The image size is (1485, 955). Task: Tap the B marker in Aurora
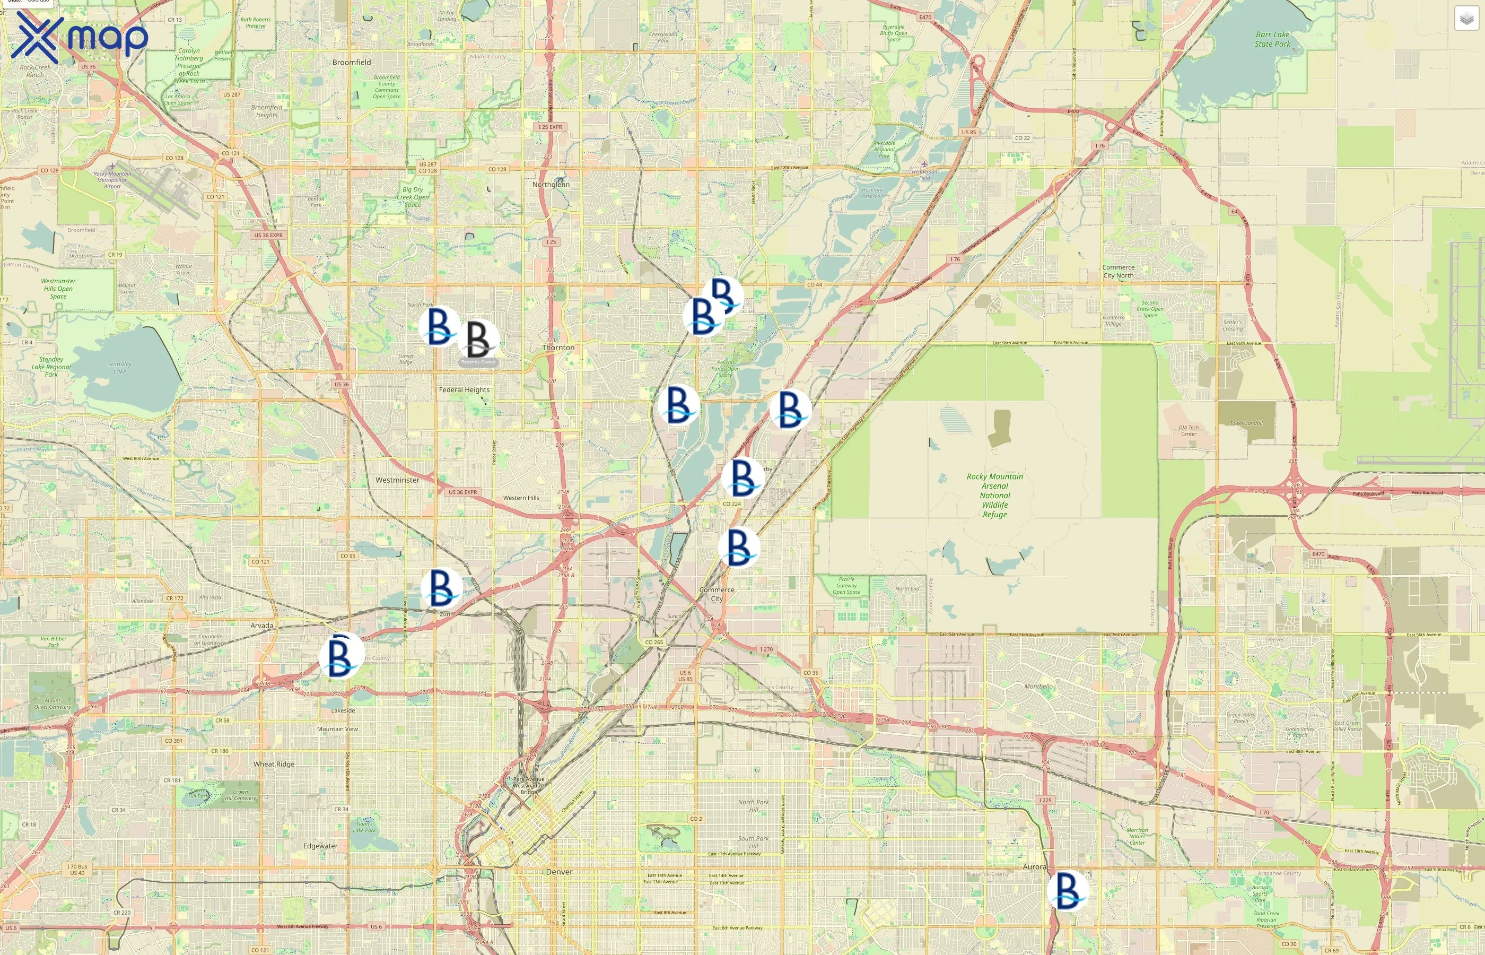click(x=1067, y=890)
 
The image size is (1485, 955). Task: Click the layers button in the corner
click(x=1466, y=19)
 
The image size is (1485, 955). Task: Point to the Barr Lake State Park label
click(x=1272, y=39)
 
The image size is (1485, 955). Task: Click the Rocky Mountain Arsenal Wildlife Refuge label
click(x=995, y=496)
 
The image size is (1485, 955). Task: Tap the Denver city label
click(x=559, y=872)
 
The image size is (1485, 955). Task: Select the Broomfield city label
click(x=352, y=62)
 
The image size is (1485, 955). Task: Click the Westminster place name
click(x=397, y=480)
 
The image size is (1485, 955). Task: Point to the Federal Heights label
click(x=464, y=389)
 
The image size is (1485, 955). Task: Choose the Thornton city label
click(x=558, y=348)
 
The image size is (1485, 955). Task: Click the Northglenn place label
click(x=551, y=184)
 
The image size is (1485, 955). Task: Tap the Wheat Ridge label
click(x=274, y=764)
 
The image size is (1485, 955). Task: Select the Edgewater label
click(x=320, y=846)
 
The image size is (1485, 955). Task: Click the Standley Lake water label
click(x=120, y=368)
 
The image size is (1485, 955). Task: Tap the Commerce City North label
click(x=1118, y=271)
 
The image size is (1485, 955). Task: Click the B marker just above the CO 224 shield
click(x=742, y=477)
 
